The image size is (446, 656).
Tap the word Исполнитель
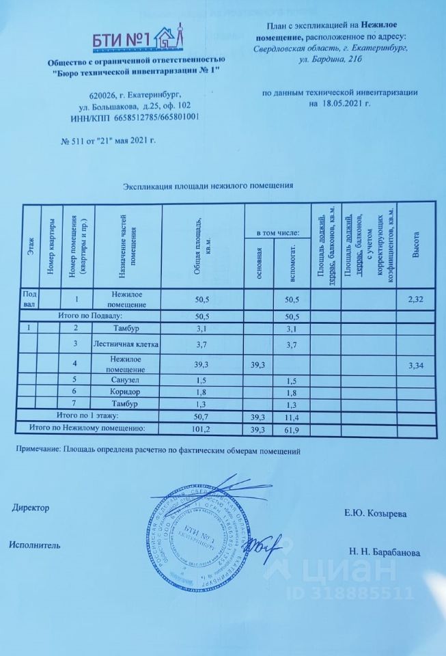[36, 545]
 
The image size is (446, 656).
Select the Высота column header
[416, 245]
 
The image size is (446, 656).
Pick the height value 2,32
[415, 299]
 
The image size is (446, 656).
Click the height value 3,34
[415, 366]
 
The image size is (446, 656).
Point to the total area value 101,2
[201, 428]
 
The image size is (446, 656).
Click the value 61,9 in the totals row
[293, 428]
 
